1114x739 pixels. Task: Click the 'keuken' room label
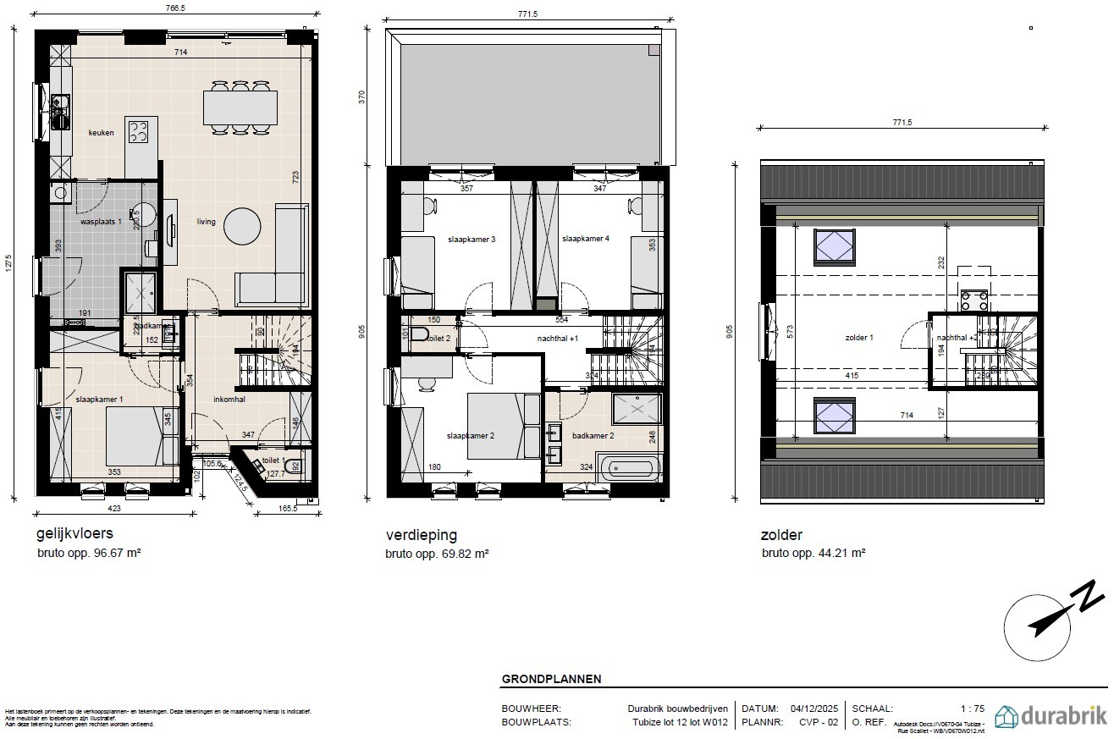tap(102, 133)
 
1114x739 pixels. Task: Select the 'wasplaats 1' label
tap(102, 222)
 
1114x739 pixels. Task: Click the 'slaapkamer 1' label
tap(99, 399)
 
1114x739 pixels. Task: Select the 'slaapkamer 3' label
tap(472, 240)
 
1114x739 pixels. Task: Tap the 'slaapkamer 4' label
tap(585, 240)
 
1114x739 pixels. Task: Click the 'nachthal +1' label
tap(558, 339)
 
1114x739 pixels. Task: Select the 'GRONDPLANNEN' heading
tap(551, 679)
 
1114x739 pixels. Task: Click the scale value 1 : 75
tap(972, 709)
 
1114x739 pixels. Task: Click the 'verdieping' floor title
tap(422, 535)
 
